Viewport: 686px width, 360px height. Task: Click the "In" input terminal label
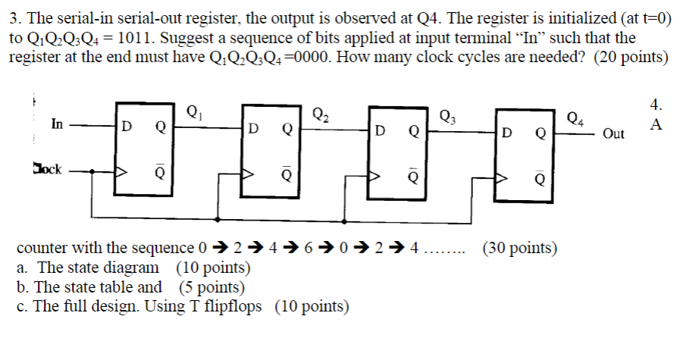tap(58, 123)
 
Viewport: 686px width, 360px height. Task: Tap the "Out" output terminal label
tap(613, 134)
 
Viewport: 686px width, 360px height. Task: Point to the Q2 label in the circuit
tap(321, 115)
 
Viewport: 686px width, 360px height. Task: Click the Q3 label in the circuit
tap(449, 116)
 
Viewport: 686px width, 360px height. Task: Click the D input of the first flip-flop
tap(127, 128)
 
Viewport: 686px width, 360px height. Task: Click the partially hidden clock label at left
tap(47, 167)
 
